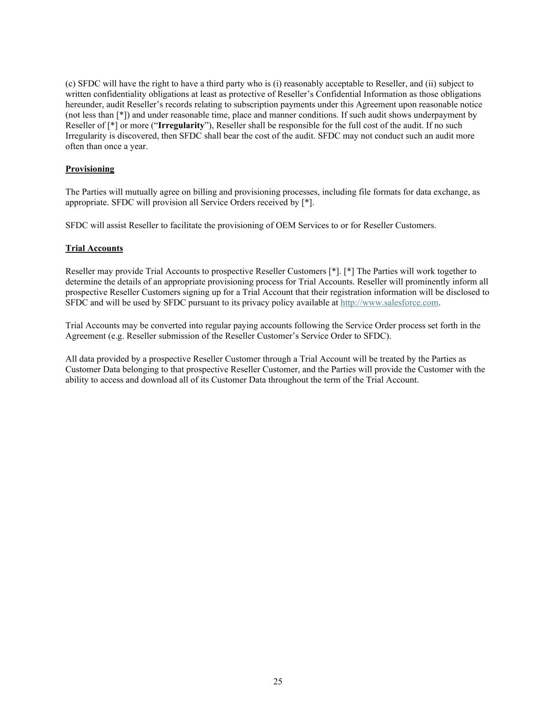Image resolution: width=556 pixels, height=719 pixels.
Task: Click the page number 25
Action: pyautogui.click(x=278, y=682)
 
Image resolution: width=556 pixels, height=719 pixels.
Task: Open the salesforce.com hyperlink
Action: pyautogui.click(x=389, y=302)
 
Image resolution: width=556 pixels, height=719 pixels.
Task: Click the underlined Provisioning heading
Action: pyautogui.click(x=90, y=169)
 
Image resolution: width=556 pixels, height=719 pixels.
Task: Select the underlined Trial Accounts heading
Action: pyautogui.click(x=94, y=248)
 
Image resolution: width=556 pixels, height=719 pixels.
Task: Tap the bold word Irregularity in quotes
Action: pyautogui.click(x=181, y=125)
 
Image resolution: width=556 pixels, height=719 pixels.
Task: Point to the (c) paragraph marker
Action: pyautogui.click(x=70, y=83)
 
